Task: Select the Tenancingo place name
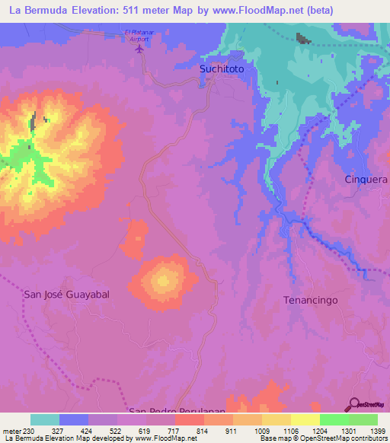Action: click(x=310, y=300)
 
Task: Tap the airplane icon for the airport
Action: click(x=139, y=49)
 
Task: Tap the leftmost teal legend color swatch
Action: click(x=45, y=419)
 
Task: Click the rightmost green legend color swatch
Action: click(x=363, y=419)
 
